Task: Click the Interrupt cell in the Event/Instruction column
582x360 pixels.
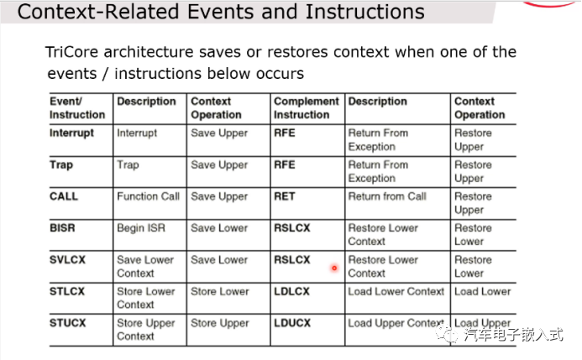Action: click(71, 133)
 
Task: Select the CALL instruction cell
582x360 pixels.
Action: click(64, 196)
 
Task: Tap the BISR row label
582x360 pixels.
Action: click(64, 228)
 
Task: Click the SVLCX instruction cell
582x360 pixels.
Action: click(68, 260)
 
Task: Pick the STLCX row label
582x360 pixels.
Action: click(68, 292)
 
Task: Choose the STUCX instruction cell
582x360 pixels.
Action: click(68, 323)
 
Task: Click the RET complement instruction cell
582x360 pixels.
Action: click(285, 196)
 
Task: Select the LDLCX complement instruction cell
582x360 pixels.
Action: click(291, 292)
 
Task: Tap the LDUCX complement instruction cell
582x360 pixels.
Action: click(291, 323)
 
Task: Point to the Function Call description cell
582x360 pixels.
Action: click(148, 196)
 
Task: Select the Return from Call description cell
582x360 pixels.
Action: click(387, 196)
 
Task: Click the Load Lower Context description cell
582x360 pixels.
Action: click(396, 292)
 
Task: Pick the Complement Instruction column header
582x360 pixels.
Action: click(306, 107)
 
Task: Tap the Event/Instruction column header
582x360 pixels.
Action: click(77, 107)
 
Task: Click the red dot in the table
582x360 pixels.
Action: click(334, 269)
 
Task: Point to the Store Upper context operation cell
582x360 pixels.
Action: click(220, 323)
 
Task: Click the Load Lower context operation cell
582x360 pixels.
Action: click(482, 292)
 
